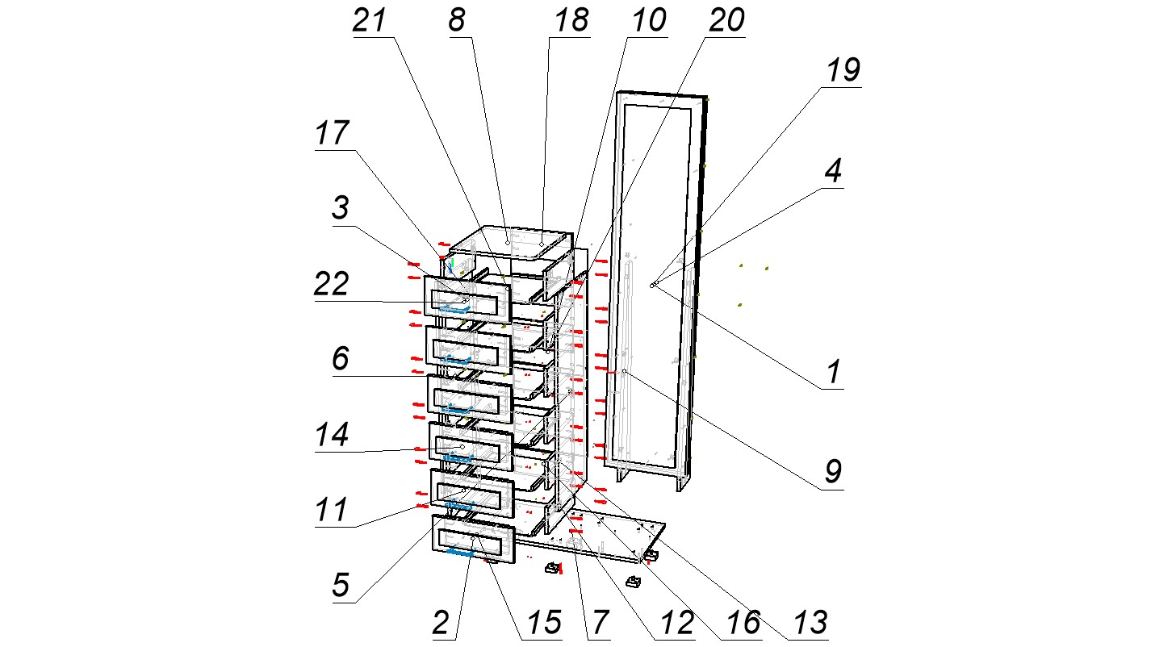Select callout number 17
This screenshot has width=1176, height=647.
[x=333, y=133]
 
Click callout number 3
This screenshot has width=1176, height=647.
[x=341, y=209]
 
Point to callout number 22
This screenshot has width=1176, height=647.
[x=332, y=285]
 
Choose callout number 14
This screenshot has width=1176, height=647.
[x=332, y=436]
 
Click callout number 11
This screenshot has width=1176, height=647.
[x=332, y=511]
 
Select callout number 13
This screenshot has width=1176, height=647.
[x=810, y=623]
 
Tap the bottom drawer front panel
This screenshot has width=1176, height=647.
[x=475, y=541]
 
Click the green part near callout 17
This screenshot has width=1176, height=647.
[x=453, y=264]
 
